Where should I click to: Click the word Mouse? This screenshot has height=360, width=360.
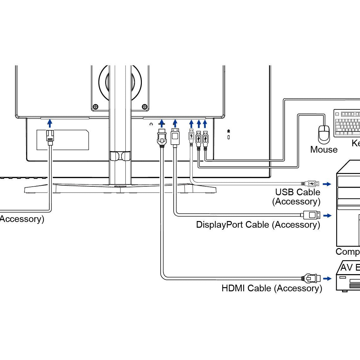tap(324, 149)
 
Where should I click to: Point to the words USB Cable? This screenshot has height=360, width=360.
tap(297, 192)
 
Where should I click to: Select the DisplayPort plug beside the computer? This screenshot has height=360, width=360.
tap(312, 215)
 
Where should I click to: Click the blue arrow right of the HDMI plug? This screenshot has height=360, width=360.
tap(327, 279)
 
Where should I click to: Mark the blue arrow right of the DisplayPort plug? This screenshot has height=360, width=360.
tap(327, 216)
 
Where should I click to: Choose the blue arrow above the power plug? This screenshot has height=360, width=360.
tap(50, 123)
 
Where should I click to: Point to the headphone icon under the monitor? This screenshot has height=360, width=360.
tap(151, 124)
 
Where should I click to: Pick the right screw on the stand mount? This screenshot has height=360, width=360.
tap(144, 106)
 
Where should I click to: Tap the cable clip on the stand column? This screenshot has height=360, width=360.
tap(120, 156)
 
